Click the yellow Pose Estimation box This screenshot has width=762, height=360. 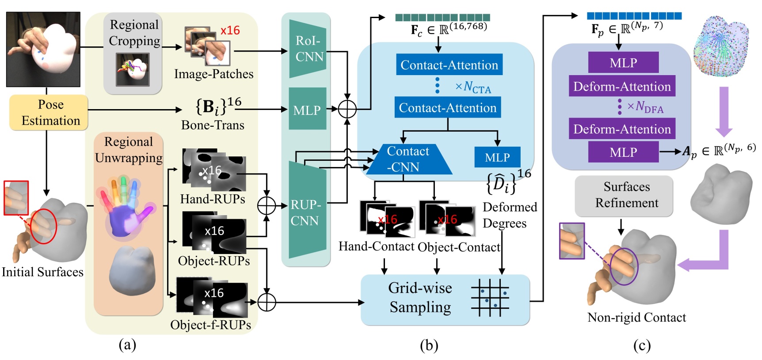pos(49,112)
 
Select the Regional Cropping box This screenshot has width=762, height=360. pos(133,53)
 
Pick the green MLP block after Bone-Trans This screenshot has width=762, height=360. pos(307,109)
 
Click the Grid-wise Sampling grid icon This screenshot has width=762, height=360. pos(490,297)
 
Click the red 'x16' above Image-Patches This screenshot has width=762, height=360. pos(230,30)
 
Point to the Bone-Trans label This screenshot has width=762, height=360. pos(213,125)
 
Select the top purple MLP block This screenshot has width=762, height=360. pos(623,63)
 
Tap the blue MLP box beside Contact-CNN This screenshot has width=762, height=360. pos(497,157)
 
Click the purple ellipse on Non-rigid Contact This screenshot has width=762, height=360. pos(624,266)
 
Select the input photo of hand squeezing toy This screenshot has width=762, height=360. pos(43,49)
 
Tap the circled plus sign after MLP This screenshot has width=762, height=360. pos(347,109)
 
